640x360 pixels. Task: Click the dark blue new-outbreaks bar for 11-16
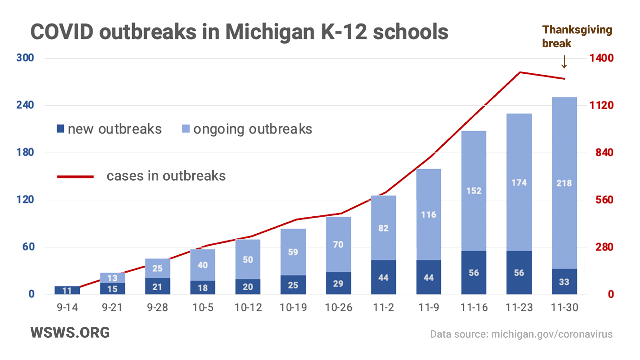pyautogui.click(x=474, y=272)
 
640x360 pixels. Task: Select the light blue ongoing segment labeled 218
pyautogui.click(x=564, y=183)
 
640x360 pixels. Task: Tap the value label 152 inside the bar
pyautogui.click(x=474, y=190)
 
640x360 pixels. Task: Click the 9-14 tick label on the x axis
pyautogui.click(x=67, y=308)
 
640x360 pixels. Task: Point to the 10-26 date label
pyautogui.click(x=339, y=308)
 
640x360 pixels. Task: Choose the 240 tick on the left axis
pyautogui.click(x=25, y=105)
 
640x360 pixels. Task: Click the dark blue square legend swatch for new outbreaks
pyautogui.click(x=61, y=129)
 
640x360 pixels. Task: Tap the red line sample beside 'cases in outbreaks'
pyautogui.click(x=75, y=176)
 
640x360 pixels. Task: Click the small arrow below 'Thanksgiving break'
pyautogui.click(x=564, y=62)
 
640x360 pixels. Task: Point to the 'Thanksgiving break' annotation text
pyautogui.click(x=577, y=36)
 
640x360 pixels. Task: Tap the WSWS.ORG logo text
pyautogui.click(x=70, y=333)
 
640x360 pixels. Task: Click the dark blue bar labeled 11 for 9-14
pyautogui.click(x=67, y=290)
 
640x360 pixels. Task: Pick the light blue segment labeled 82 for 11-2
pyautogui.click(x=383, y=228)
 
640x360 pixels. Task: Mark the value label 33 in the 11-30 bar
pyautogui.click(x=564, y=282)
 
